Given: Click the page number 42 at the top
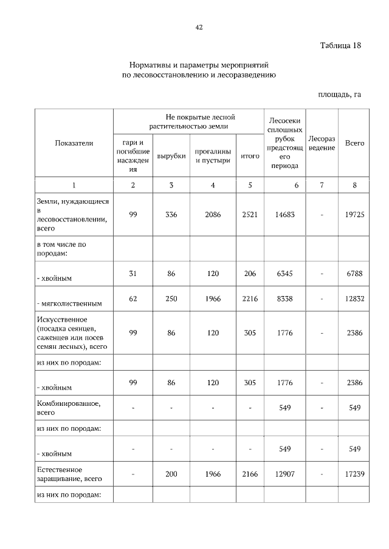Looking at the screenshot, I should [x=198, y=27].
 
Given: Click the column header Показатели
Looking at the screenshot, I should [x=74, y=143].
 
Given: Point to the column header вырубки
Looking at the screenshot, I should [x=171, y=156].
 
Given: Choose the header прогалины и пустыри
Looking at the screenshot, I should [x=213, y=156].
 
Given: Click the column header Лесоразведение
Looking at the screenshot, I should [x=322, y=143].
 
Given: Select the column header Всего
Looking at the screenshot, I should [x=354, y=143].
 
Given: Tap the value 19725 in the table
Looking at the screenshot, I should [x=354, y=215].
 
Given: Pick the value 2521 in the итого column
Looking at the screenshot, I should [x=250, y=215].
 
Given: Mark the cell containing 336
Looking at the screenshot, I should [x=171, y=215].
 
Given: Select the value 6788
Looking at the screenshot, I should [x=354, y=274].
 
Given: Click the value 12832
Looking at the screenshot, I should [x=354, y=298].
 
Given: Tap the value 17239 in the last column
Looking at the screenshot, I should [x=354, y=474].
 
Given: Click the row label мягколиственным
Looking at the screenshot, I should [x=70, y=303].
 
